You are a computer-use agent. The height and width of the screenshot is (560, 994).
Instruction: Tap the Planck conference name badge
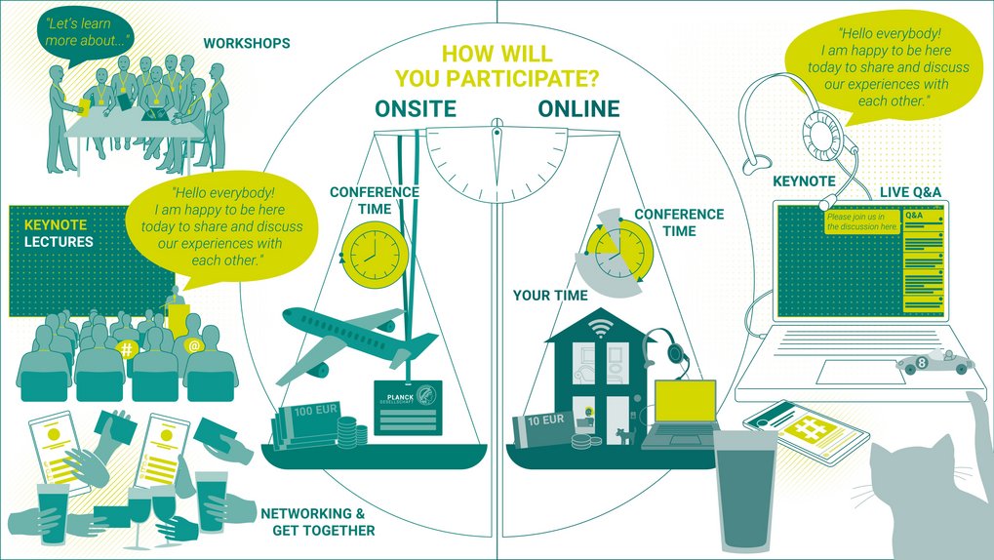coord(407,409)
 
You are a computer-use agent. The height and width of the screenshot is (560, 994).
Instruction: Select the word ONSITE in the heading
coord(416,108)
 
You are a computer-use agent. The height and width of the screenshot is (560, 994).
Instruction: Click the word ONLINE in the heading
coord(578,108)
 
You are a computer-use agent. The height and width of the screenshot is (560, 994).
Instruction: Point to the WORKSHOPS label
coord(246,43)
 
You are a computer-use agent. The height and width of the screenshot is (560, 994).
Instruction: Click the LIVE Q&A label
coord(910,192)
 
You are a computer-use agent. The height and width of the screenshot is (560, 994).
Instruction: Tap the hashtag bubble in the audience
coord(126,348)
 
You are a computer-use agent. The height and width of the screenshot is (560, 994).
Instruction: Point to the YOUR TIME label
coord(550,295)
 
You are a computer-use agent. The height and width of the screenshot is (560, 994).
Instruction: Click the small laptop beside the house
coord(682,415)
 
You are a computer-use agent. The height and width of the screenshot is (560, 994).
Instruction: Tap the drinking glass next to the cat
coord(746,488)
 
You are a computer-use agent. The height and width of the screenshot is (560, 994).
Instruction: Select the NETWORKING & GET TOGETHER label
coord(318,522)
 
